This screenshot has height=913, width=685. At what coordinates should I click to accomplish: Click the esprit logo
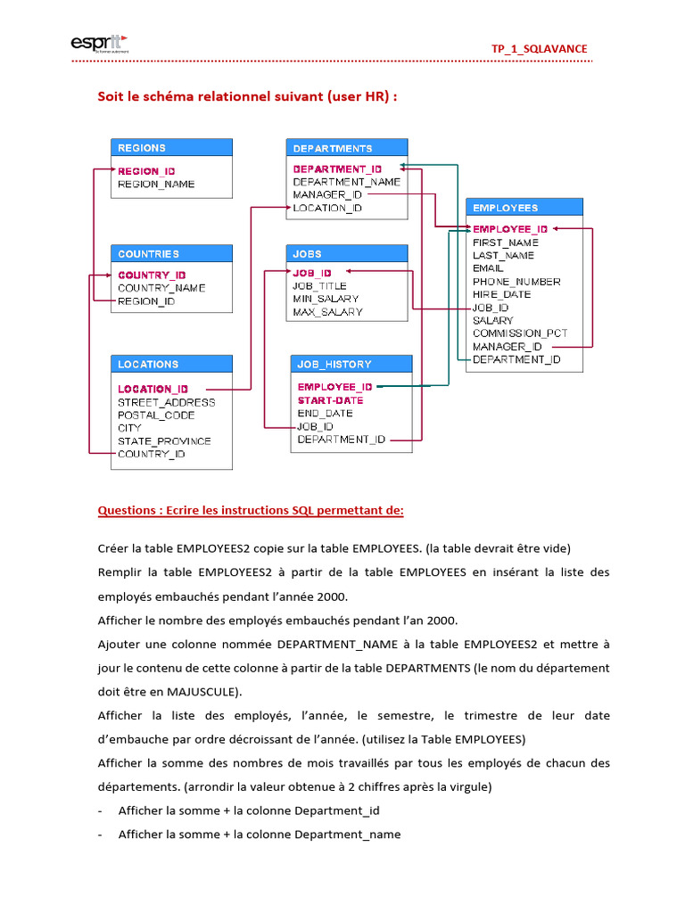pyautogui.click(x=98, y=44)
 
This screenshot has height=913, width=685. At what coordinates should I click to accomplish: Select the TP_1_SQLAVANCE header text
pyautogui.click(x=540, y=49)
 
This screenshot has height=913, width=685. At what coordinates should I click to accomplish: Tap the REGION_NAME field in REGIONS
pyautogui.click(x=156, y=185)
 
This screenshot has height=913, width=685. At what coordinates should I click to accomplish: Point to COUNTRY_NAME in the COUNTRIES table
pyautogui.click(x=161, y=288)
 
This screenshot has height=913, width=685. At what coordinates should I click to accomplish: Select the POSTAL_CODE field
pyautogui.click(x=156, y=415)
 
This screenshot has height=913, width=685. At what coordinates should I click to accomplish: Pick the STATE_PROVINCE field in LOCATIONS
pyautogui.click(x=164, y=441)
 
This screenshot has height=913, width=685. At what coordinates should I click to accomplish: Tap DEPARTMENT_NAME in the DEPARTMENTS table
pyautogui.click(x=346, y=182)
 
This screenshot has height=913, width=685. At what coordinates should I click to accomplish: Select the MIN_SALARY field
pyautogui.click(x=326, y=299)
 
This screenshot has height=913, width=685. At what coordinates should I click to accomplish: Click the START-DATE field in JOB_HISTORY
pyautogui.click(x=330, y=400)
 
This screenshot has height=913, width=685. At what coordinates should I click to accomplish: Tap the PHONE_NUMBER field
pyautogui.click(x=516, y=282)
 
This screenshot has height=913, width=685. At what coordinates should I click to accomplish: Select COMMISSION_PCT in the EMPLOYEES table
pyautogui.click(x=520, y=333)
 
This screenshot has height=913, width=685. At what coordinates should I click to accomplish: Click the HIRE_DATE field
pyautogui.click(x=501, y=294)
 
